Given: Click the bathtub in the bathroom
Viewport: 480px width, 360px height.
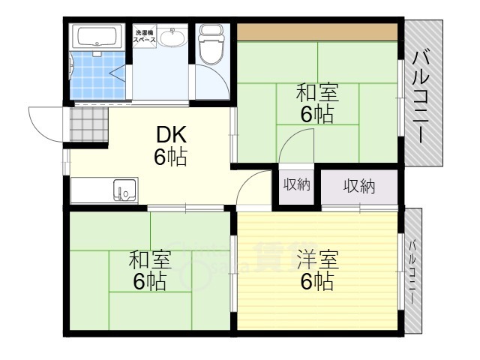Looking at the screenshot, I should [96, 37].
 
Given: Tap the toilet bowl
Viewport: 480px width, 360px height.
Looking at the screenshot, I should [211, 44].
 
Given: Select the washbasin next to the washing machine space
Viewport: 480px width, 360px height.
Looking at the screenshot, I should [173, 35].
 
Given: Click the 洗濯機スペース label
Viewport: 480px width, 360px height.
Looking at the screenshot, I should [145, 34].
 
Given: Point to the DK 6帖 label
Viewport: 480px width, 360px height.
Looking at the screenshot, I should [171, 146].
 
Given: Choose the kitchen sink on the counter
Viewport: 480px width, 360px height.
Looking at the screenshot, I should [124, 190].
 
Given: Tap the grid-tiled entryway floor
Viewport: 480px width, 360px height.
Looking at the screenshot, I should [88, 124].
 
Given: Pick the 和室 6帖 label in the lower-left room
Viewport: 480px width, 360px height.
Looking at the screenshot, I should [149, 271].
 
